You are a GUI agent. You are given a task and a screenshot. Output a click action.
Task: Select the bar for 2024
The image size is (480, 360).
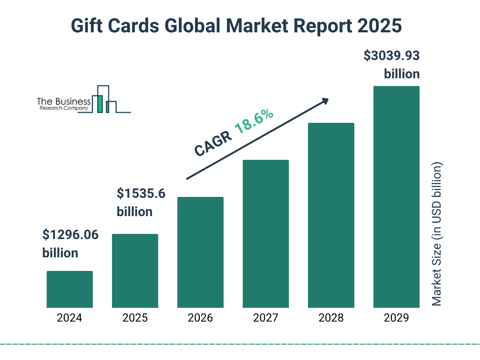click(x=69, y=289)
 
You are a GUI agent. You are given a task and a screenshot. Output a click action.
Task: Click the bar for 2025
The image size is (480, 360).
click(x=135, y=271)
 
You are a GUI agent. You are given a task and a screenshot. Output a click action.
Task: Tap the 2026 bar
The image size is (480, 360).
click(x=200, y=252)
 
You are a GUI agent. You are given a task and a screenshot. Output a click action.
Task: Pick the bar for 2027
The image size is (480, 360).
click(x=266, y=234)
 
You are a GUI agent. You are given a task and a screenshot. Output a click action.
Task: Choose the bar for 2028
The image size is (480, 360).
click(x=331, y=215)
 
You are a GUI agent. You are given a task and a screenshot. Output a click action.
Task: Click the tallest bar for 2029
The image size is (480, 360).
click(x=396, y=197)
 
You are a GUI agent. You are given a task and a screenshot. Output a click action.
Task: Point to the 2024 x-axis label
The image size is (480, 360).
click(x=69, y=318)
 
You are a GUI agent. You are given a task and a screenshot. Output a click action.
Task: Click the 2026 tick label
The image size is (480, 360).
click(x=200, y=318)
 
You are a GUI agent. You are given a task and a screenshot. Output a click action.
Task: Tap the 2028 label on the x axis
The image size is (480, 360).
click(x=331, y=318)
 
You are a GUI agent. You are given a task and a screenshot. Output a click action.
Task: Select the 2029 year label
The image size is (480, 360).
click(x=396, y=318)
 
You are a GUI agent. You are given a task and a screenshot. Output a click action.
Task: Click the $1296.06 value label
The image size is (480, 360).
click(x=70, y=234)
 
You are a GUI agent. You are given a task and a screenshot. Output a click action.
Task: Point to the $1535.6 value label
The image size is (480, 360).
click(x=141, y=193)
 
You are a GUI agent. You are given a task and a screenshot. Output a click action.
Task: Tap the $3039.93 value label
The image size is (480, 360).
click(x=391, y=56)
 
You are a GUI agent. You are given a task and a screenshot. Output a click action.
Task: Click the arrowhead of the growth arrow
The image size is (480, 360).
click(x=324, y=101)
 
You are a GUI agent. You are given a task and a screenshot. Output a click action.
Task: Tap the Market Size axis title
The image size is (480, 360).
click(x=436, y=234)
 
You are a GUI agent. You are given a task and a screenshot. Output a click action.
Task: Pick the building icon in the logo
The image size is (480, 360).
click(x=104, y=99)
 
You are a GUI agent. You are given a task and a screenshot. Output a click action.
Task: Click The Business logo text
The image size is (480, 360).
click(x=64, y=102)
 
